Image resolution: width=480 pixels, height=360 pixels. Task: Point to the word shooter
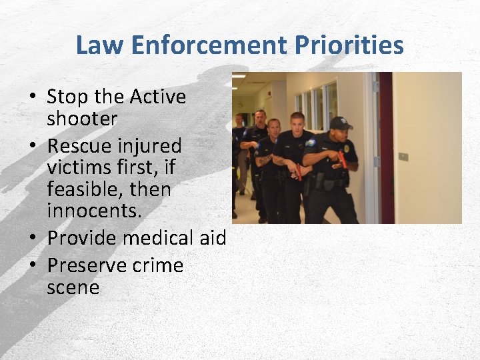tap(82, 119)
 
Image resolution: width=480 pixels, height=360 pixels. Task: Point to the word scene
tap(73, 288)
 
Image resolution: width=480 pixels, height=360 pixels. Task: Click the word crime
tap(157, 265)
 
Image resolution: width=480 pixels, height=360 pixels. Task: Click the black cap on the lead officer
tap(340, 123)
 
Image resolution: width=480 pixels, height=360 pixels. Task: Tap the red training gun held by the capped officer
tap(343, 159)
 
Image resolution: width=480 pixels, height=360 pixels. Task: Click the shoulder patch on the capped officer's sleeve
tap(312, 143)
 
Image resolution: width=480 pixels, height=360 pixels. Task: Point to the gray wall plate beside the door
tap(403, 157)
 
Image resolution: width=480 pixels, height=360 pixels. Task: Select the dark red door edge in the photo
tap(385, 147)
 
